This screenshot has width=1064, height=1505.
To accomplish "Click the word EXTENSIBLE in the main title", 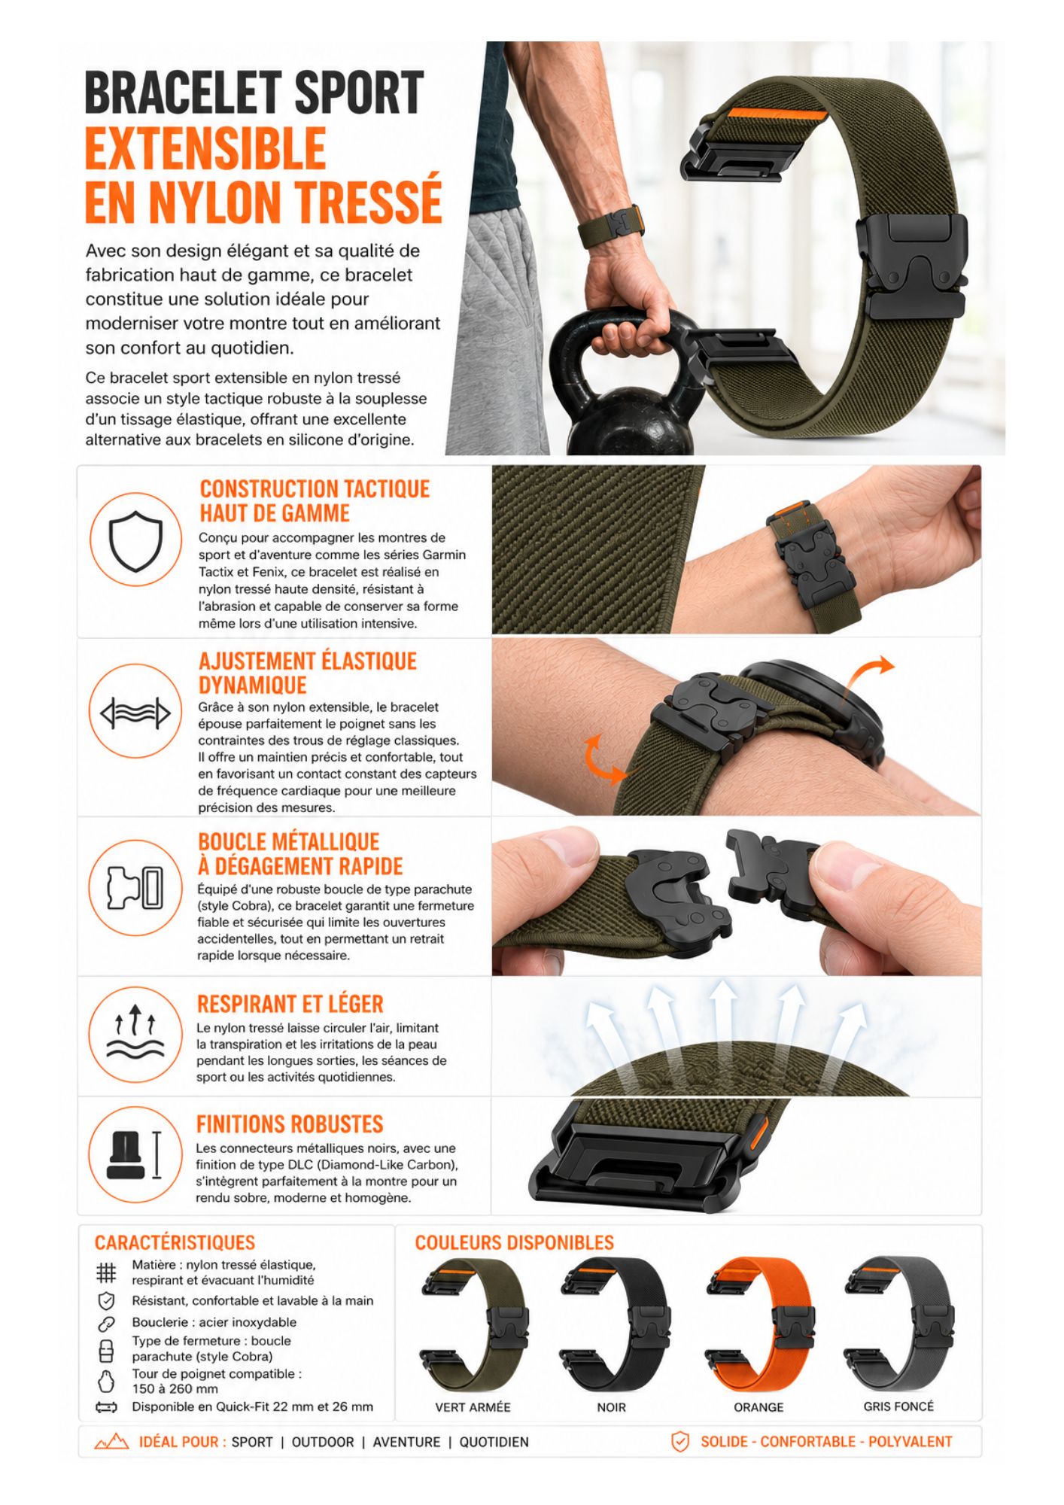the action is click(205, 147).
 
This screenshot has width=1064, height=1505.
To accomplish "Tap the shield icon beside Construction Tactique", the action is click(135, 540).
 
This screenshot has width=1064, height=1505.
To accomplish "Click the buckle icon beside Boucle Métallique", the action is click(135, 887).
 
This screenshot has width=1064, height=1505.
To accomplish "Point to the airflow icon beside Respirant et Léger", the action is click(135, 1030).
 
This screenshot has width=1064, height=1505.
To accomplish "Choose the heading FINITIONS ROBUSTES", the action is click(290, 1124).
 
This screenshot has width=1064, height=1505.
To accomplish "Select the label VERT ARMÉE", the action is click(473, 1407).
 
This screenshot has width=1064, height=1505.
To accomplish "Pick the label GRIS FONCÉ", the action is click(898, 1406).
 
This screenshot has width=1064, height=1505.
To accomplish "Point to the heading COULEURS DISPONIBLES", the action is click(515, 1242).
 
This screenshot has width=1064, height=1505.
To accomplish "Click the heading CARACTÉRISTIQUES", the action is click(175, 1242).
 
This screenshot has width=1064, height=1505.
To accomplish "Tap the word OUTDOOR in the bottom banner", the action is click(323, 1442).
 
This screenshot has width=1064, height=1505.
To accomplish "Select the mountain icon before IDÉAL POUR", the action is click(111, 1442).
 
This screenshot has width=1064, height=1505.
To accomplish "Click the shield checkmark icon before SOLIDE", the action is click(680, 1442).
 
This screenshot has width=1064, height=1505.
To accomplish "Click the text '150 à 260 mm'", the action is click(175, 1389).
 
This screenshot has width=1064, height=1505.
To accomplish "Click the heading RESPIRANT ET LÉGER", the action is click(290, 1004).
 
